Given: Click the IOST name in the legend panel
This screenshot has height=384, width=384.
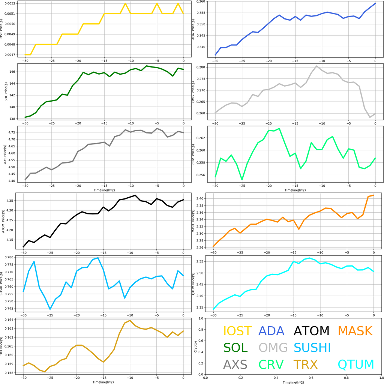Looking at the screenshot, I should pos(237,331).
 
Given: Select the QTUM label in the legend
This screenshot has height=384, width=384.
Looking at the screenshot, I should pos(355,364).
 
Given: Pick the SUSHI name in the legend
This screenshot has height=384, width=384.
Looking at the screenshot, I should pos(312,348).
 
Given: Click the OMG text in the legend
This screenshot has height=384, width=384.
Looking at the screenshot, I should pos(273,348).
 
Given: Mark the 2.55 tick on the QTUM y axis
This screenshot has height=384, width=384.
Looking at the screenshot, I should pos(201,261).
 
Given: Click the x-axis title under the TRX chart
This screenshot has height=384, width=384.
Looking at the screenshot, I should pos(103,381).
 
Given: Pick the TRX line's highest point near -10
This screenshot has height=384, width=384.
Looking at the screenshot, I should pos(130,321).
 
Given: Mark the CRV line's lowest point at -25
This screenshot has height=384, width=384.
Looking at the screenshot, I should pos(242,180).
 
